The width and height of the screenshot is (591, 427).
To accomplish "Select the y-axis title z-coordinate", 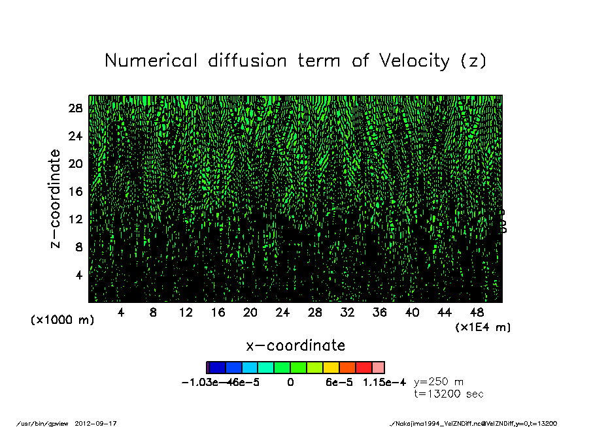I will pos(56,198).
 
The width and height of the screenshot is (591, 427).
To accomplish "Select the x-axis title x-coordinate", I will pos(295,345).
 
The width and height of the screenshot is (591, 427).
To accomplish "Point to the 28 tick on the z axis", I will pos(75,108).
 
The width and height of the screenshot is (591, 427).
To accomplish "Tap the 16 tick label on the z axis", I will pos(75,191).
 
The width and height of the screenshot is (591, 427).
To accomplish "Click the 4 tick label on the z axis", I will pos(79,275).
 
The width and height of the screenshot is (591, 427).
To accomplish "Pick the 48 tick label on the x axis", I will pos(477,313).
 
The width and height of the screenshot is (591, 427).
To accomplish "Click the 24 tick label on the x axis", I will pos(282,313).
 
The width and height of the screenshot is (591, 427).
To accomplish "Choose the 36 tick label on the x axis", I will pos(380,313).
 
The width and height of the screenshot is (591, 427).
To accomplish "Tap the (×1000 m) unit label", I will pos(62,320).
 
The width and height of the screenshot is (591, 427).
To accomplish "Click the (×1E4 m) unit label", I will pos(483,326).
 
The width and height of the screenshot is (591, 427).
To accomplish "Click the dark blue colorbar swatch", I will pos(217,368).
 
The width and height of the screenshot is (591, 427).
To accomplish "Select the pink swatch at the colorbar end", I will pos(379,368).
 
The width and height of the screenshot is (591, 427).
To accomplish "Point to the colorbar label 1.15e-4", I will pos(384,382).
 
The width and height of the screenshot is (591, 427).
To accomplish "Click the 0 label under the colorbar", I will pos(290,382).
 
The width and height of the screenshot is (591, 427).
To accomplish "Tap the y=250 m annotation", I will pos(439,381).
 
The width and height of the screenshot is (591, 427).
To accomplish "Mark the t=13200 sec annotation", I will pos(448,394).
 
